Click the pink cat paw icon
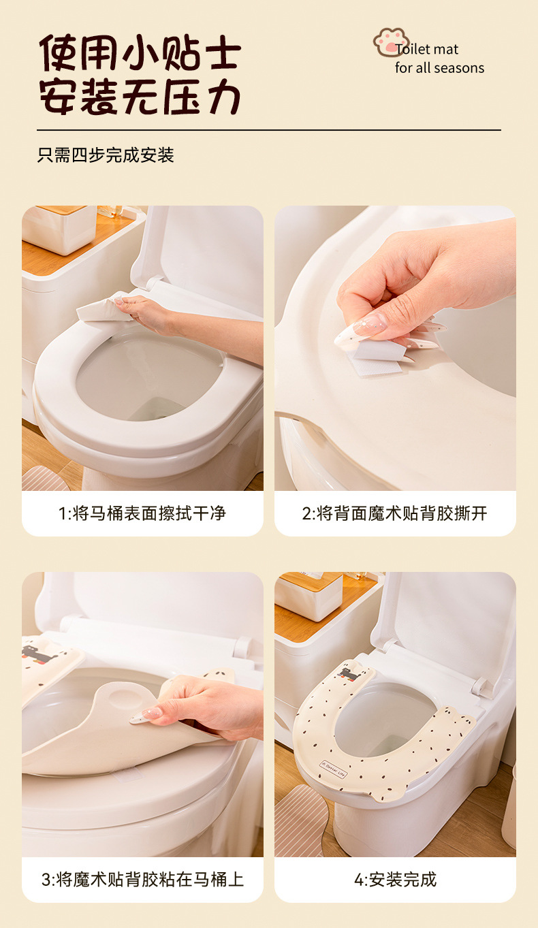tap(390, 41)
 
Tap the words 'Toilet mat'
tap(428, 49)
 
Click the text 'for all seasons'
tap(439, 68)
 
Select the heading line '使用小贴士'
tap(140, 52)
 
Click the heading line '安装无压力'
tap(140, 96)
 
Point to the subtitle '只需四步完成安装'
tap(106, 155)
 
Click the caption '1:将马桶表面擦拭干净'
tap(142, 513)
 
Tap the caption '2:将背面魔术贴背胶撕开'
tap(395, 513)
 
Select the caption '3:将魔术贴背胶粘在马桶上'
tap(142, 880)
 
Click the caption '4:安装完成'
tap(395, 880)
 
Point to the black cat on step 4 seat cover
tap(351, 673)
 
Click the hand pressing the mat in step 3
tap(204, 708)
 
